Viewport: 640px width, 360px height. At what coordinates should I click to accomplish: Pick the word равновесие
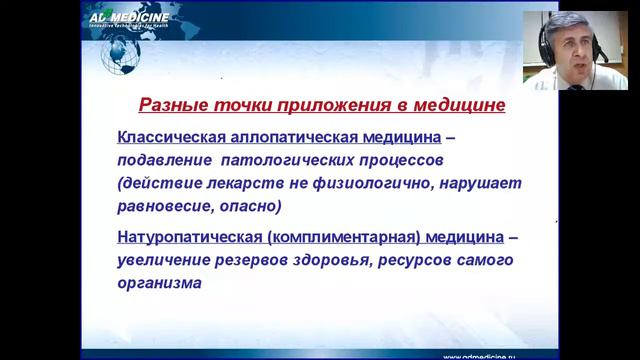167,207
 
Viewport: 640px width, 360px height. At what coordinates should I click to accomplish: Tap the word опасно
252,207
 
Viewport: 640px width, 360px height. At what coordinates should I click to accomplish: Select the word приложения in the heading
309,104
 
